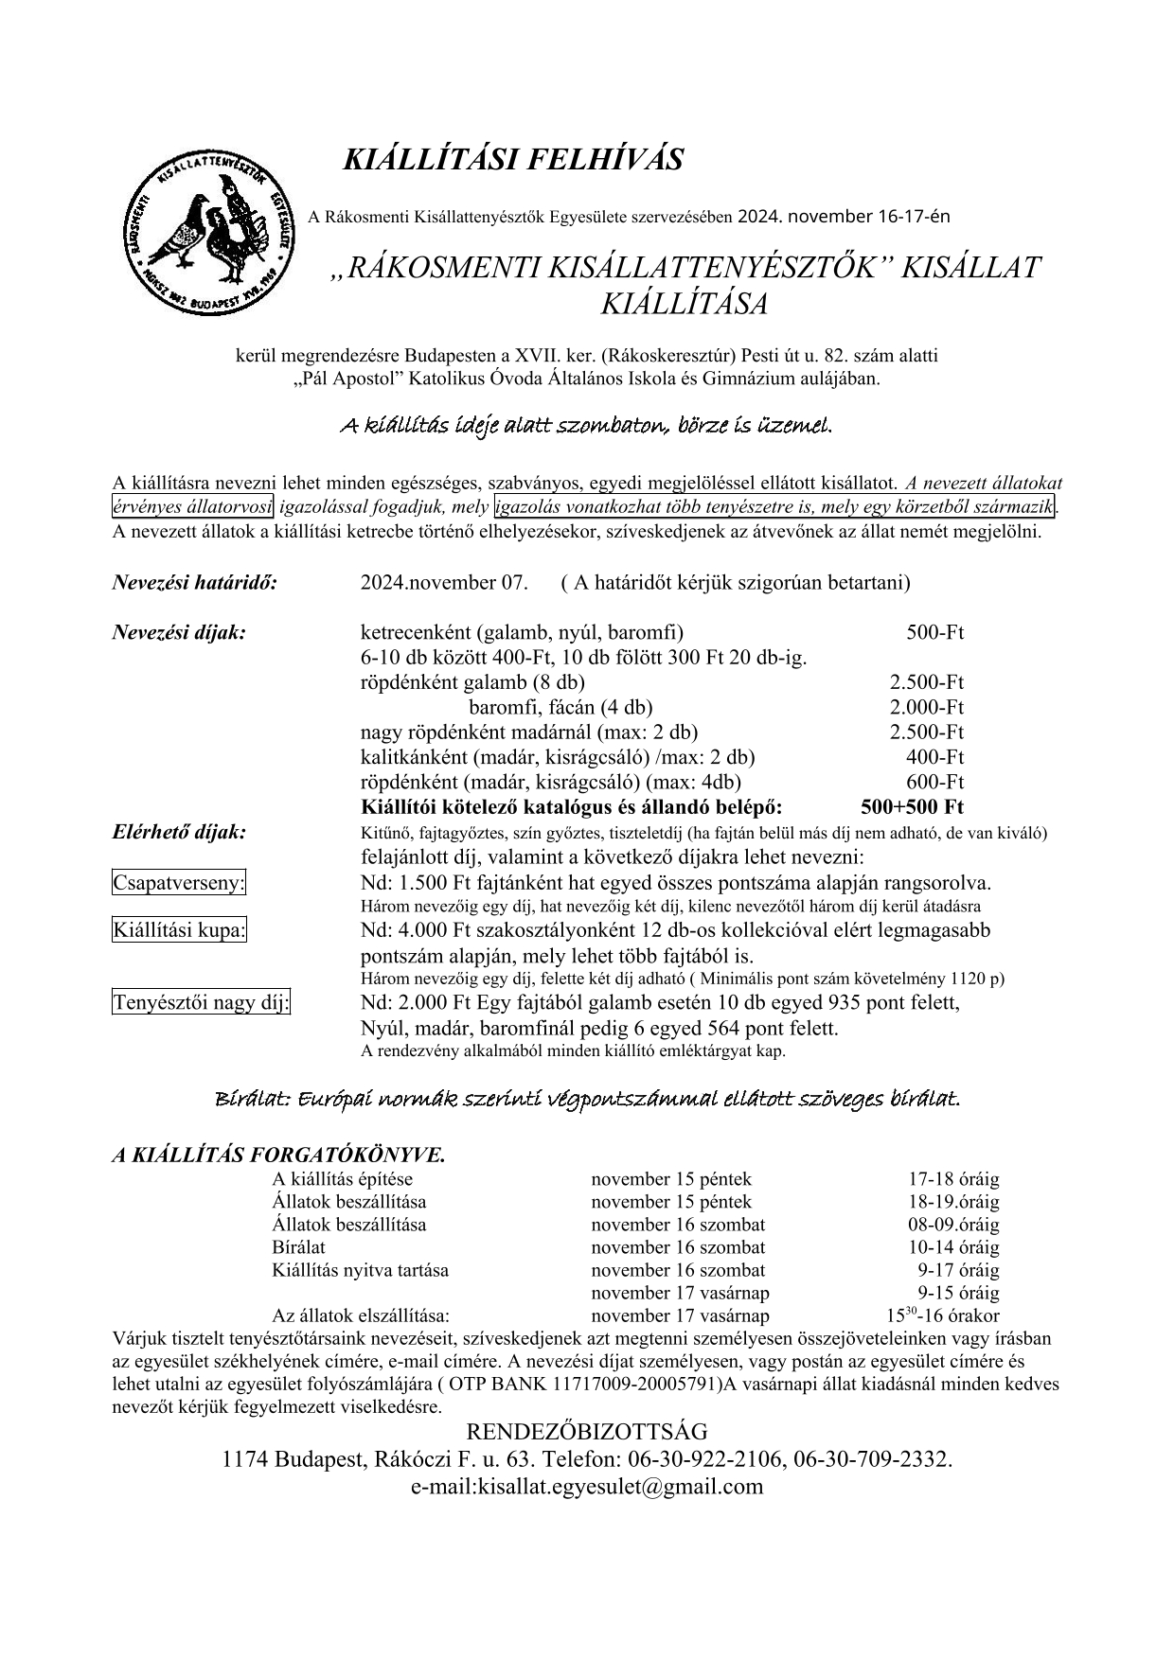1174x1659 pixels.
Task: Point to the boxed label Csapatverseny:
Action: tap(179, 883)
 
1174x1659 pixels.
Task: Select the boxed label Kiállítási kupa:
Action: tap(179, 930)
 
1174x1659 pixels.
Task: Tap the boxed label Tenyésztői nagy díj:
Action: tap(202, 1002)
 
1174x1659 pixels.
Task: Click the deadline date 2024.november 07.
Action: tap(444, 582)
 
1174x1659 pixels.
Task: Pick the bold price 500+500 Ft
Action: tap(912, 807)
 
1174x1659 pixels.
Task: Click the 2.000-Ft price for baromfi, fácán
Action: tap(926, 707)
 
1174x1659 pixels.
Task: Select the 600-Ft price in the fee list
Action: tap(934, 782)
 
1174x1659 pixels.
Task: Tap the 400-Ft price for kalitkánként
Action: tap(934, 757)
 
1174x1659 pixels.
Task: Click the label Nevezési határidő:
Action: tap(195, 582)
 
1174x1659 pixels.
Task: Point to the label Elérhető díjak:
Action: tap(180, 832)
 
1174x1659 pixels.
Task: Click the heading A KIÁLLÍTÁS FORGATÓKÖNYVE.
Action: tap(278, 1155)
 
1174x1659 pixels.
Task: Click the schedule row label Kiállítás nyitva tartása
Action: tap(361, 1270)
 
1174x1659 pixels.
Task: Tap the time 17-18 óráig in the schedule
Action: tap(953, 1179)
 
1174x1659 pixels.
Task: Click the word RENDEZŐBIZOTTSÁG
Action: tap(587, 1431)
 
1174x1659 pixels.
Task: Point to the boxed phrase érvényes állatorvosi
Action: tap(193, 506)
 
